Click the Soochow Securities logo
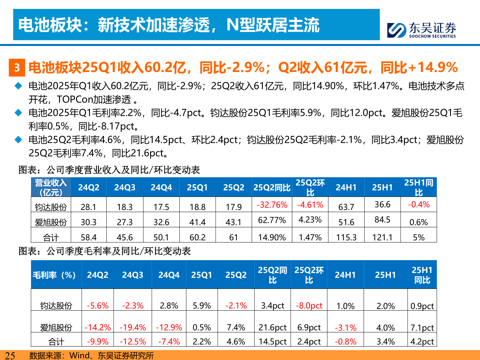coord(421,30)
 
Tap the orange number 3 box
coord(17,68)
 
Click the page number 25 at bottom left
coord(10,356)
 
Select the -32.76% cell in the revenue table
coord(272,205)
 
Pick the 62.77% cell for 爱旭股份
coord(272,220)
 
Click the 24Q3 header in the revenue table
coord(125,187)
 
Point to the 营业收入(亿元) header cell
coord(51,187)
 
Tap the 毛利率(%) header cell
coord(54,275)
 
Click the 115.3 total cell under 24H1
coord(346,237)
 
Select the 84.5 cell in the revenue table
coord(382,220)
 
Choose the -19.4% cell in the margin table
coord(133,327)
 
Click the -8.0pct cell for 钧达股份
coord(309,306)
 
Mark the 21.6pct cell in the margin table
coord(272,327)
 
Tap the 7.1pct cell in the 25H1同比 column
coord(422,327)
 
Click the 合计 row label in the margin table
coord(56,342)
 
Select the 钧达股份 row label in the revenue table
coord(51,207)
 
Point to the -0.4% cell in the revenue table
coord(419,205)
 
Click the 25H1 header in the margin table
coord(385,275)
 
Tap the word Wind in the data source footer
coord(79,356)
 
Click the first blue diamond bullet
coord(18,86)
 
